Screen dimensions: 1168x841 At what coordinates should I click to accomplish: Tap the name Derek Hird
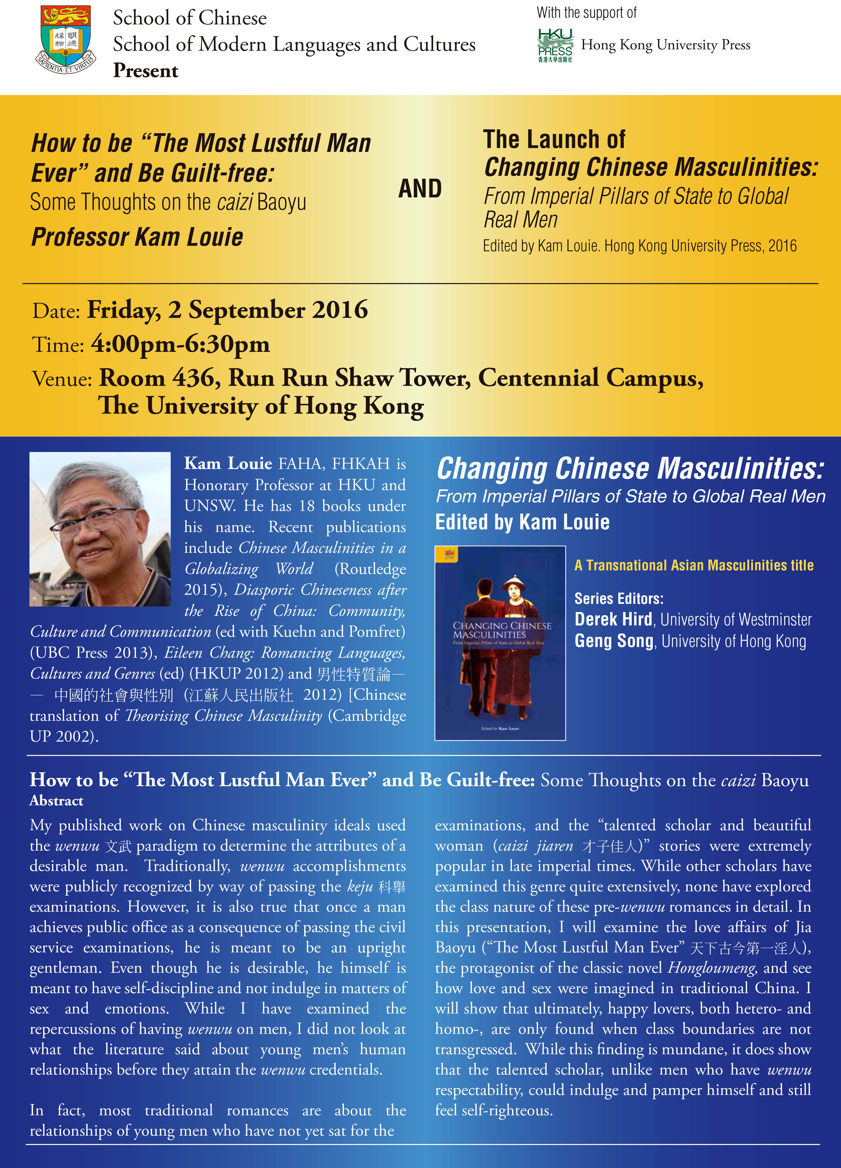(613, 619)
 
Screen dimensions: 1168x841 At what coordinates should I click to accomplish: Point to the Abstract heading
(56, 800)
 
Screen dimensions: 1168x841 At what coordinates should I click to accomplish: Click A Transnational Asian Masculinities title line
(694, 566)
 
